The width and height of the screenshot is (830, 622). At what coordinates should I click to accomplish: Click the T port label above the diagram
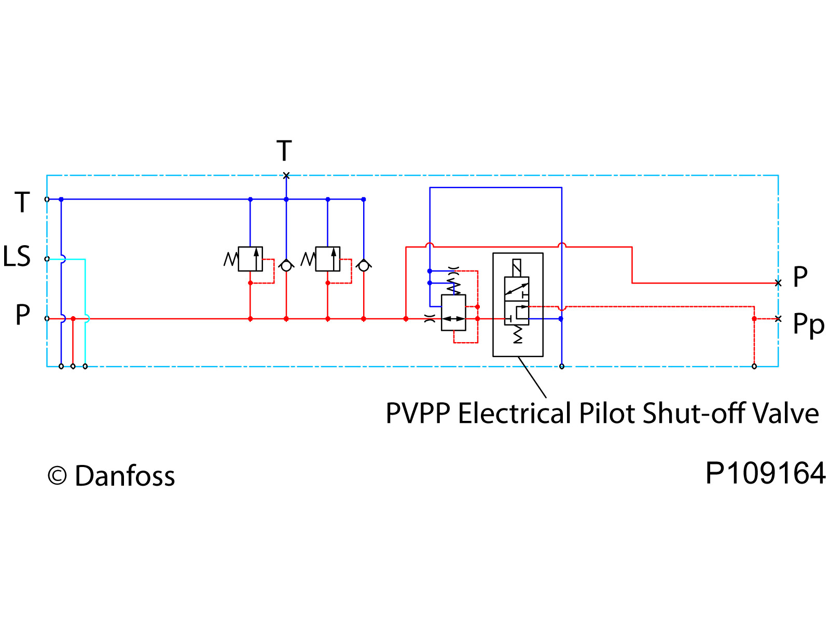pyautogui.click(x=284, y=151)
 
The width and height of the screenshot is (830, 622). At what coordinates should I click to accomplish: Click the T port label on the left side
pyautogui.click(x=22, y=202)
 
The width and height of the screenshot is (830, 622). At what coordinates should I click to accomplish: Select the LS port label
pyautogui.click(x=17, y=257)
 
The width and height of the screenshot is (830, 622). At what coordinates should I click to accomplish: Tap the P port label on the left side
pyautogui.click(x=22, y=315)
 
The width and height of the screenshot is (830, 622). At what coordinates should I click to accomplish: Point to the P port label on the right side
pyautogui.click(x=800, y=277)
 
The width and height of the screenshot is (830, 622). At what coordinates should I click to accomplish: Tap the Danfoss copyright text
pyautogui.click(x=112, y=476)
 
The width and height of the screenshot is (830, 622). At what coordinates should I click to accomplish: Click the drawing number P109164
pyautogui.click(x=765, y=473)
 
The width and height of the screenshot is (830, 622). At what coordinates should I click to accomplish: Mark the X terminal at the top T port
pyautogui.click(x=286, y=176)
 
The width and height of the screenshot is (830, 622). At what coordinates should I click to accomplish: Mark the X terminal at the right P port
pyautogui.click(x=778, y=283)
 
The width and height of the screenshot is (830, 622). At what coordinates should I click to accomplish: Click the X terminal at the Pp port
pyautogui.click(x=778, y=318)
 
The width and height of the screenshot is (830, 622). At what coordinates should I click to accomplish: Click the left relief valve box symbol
pyautogui.click(x=250, y=259)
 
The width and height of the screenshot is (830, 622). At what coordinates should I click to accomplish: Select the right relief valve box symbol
pyautogui.click(x=328, y=259)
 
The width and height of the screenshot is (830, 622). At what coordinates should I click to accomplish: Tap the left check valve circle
pyautogui.click(x=286, y=266)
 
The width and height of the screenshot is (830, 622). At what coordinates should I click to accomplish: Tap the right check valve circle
pyautogui.click(x=364, y=266)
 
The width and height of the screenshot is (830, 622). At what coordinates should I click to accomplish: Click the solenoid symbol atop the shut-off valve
pyautogui.click(x=517, y=267)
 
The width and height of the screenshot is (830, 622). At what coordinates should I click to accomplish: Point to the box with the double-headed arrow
pyautogui.click(x=453, y=313)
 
